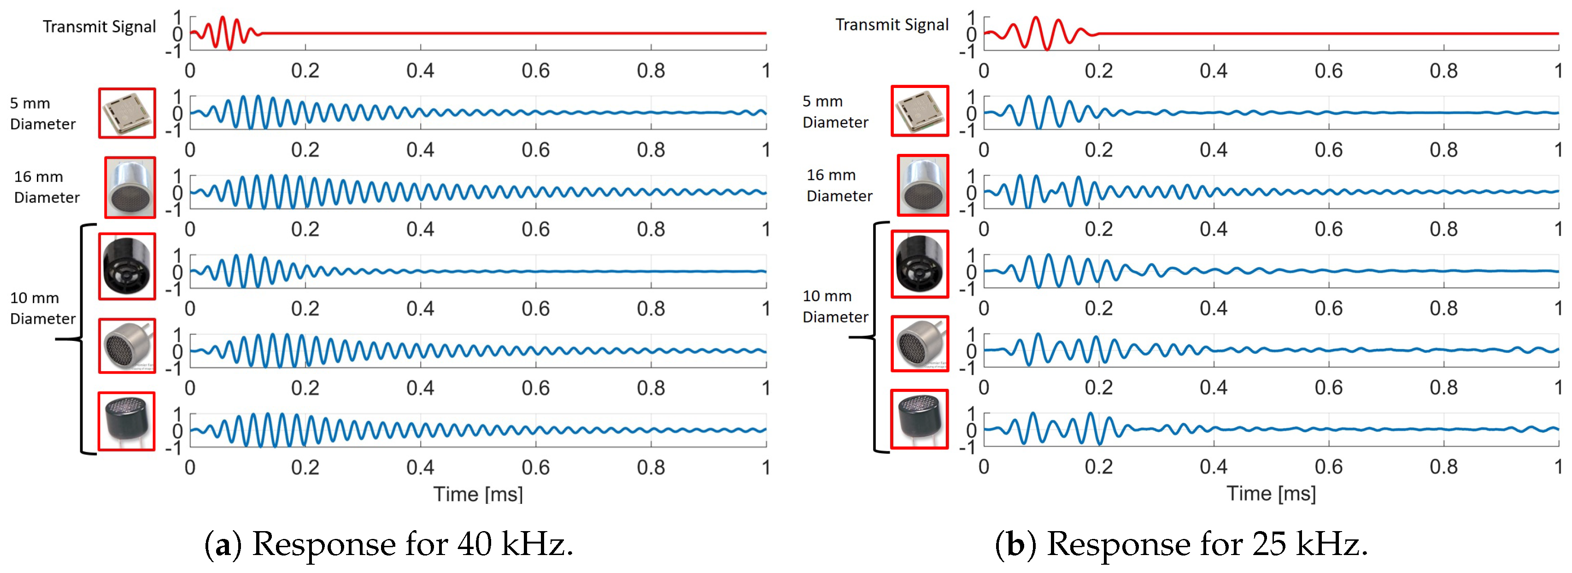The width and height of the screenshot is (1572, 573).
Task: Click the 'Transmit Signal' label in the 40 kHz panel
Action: pyautogui.click(x=99, y=27)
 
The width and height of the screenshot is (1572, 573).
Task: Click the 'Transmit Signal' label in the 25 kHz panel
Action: pyautogui.click(x=892, y=25)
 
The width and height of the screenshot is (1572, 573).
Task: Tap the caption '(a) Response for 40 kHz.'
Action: pyautogui.click(x=389, y=543)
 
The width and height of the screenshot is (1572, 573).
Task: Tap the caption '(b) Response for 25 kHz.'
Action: pyautogui.click(x=1181, y=543)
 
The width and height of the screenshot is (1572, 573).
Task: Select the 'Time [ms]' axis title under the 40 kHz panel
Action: pyautogui.click(x=478, y=494)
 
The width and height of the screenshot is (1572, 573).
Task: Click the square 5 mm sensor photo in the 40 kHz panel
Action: pyautogui.click(x=127, y=113)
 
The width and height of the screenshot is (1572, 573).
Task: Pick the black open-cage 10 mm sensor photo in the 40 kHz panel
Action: pyautogui.click(x=127, y=266)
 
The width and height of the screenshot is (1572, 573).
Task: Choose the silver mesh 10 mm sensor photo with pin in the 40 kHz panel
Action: pyautogui.click(x=127, y=345)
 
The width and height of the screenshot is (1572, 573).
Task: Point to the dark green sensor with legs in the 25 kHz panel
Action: pyautogui.click(x=919, y=419)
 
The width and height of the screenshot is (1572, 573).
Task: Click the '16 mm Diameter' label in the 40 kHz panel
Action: pyautogui.click(x=47, y=187)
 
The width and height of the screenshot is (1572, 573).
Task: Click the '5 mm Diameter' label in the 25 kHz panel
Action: pyautogui.click(x=834, y=111)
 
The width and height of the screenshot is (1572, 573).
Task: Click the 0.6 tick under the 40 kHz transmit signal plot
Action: pyautogui.click(x=535, y=71)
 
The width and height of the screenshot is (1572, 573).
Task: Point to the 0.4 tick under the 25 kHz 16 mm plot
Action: pyautogui.click(x=1213, y=229)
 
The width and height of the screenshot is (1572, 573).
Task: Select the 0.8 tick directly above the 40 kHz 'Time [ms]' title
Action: pyautogui.click(x=651, y=468)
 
